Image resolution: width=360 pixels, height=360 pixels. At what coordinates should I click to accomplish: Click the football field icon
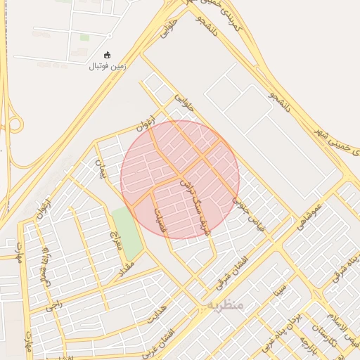pos(107,55)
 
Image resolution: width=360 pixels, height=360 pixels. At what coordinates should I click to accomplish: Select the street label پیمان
pos(101,168)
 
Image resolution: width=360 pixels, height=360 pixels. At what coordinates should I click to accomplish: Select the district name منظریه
pos(225,305)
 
